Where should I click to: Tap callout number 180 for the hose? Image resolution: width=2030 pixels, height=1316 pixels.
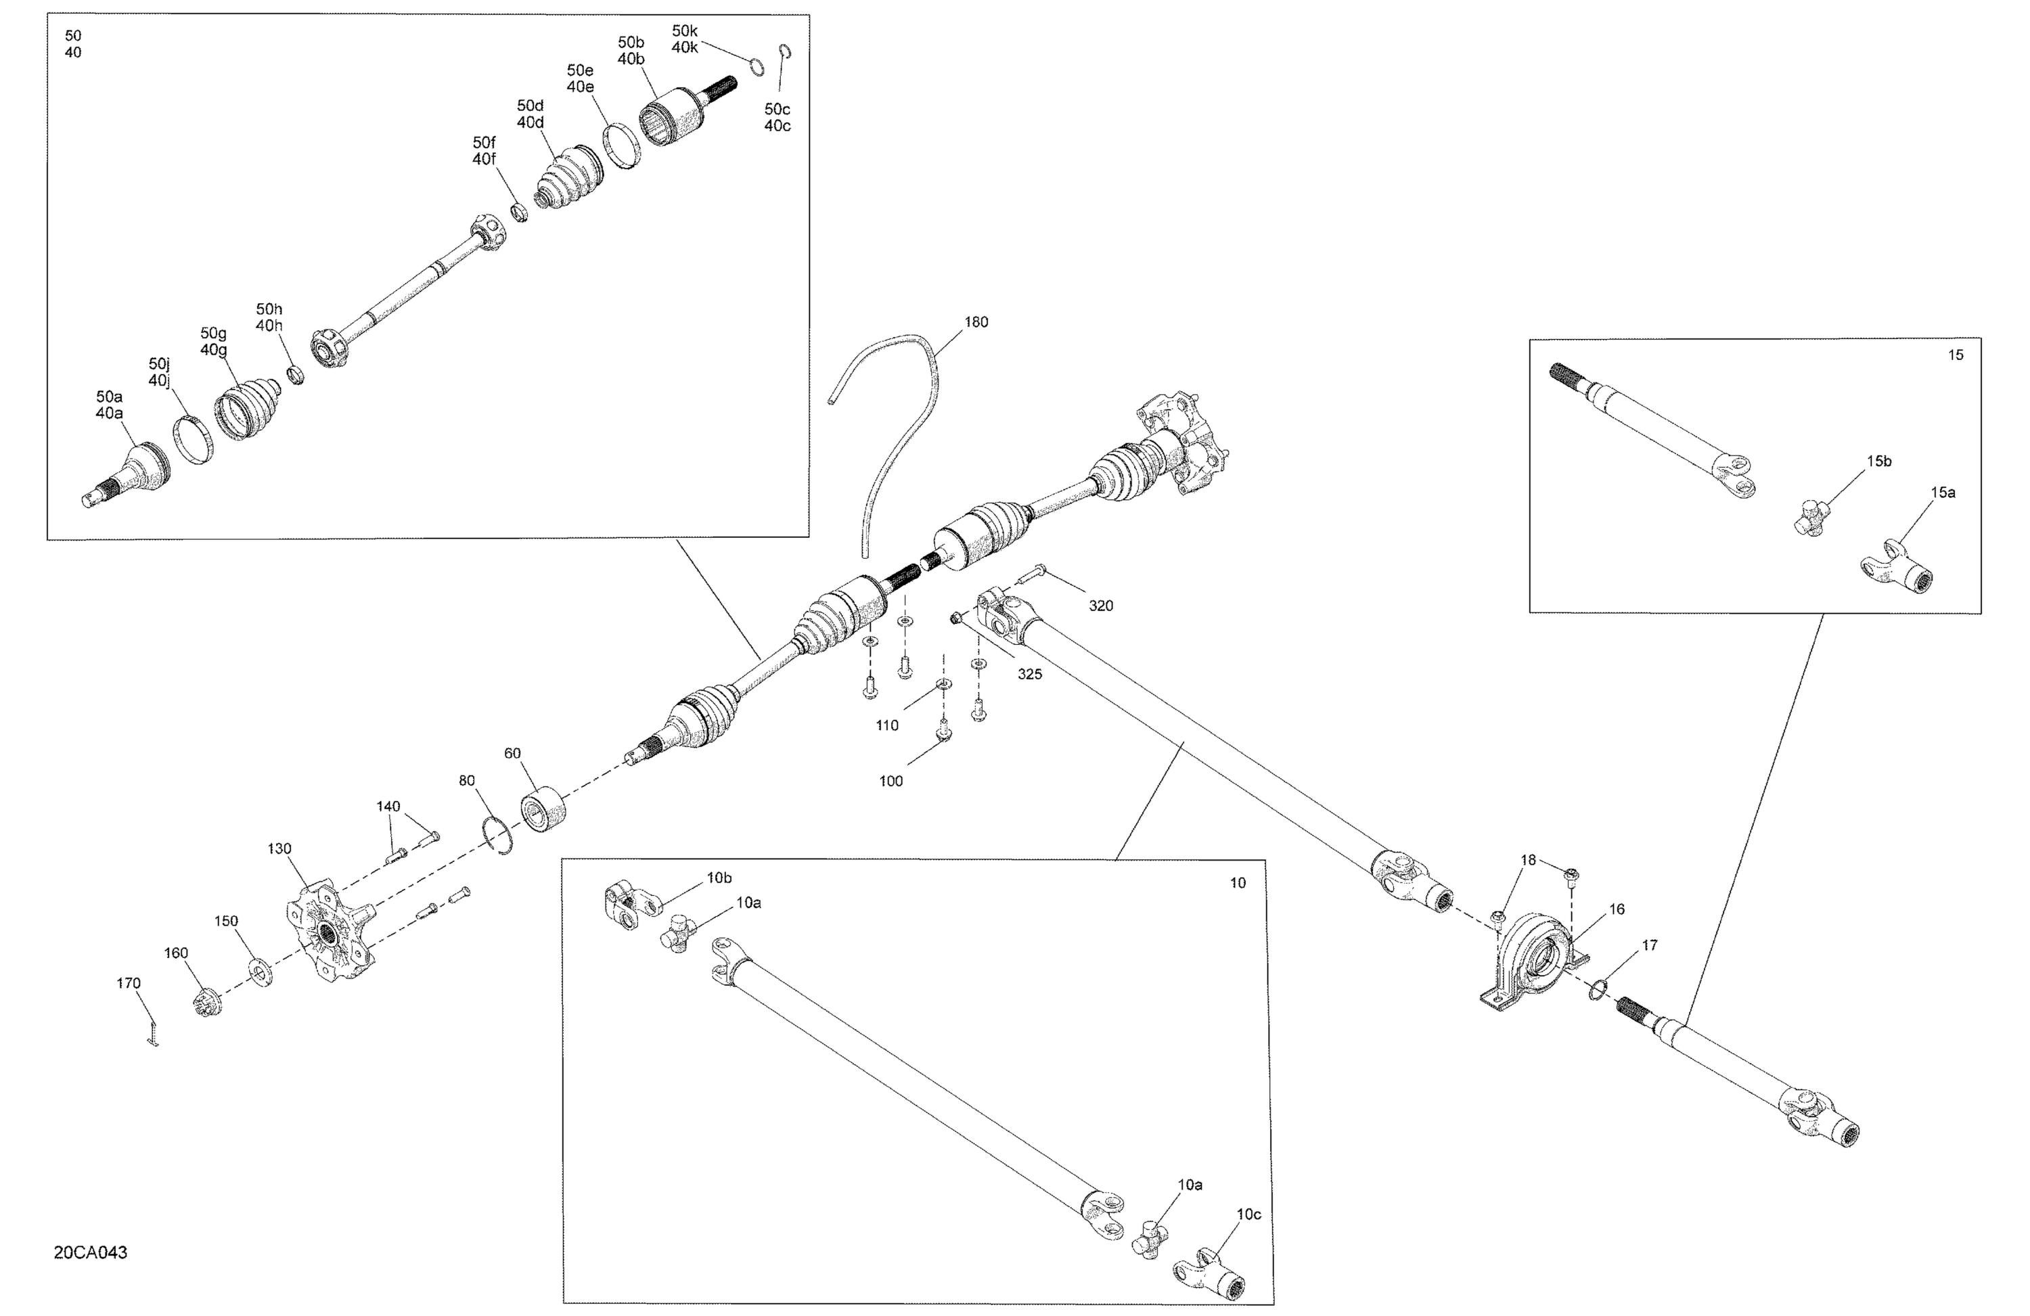point(976,322)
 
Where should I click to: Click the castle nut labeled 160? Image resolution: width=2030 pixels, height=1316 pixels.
point(206,1005)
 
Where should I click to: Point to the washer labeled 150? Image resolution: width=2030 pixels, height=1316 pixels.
point(259,972)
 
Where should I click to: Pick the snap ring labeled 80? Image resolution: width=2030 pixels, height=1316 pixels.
point(498,835)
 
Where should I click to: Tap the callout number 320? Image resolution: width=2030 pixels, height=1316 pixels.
point(1100,606)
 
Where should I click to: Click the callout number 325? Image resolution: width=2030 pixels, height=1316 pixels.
point(1029,675)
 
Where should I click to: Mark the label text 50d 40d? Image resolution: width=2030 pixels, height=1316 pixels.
point(530,114)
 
